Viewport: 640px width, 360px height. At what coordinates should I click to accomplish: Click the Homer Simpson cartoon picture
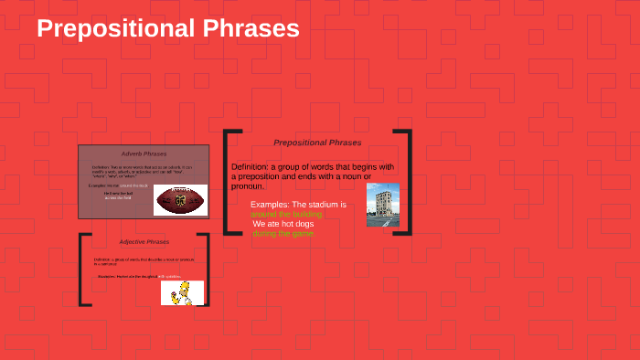click(182, 292)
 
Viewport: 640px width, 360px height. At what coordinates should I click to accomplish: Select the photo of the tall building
click(382, 205)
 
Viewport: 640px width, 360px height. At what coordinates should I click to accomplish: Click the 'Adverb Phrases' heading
click(144, 154)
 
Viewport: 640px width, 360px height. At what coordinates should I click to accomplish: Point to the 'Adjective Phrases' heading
click(144, 242)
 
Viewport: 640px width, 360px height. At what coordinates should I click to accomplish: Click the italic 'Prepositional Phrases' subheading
click(317, 143)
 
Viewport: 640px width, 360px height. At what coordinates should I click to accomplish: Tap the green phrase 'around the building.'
click(286, 214)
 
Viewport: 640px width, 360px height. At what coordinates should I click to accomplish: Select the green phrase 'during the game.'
click(283, 234)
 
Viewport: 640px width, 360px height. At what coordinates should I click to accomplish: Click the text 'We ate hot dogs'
click(284, 224)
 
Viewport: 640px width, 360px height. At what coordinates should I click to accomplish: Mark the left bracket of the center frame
click(228, 183)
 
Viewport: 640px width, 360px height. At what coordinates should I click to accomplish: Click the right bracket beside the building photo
click(406, 183)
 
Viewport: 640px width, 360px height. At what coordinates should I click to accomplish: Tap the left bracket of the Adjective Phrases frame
click(83, 270)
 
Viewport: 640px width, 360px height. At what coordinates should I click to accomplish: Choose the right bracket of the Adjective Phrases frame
click(206, 270)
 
